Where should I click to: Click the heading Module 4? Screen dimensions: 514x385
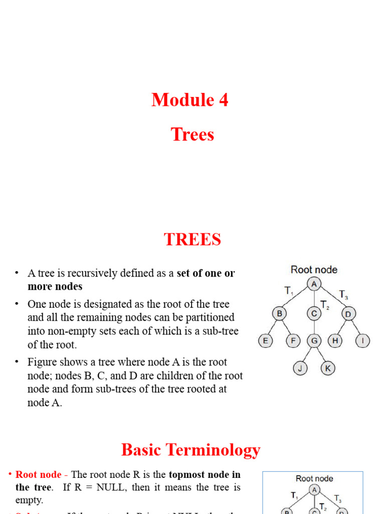click(190, 100)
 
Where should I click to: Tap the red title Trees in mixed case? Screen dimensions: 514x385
click(192, 135)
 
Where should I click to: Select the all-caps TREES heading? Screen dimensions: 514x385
click(192, 239)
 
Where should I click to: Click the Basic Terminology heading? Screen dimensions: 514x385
click(191, 450)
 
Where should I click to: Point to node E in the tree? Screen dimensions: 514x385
click(265, 341)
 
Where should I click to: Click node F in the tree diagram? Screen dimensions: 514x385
click(293, 341)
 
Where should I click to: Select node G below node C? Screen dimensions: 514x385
click(314, 341)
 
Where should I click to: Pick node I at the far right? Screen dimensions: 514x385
click(363, 341)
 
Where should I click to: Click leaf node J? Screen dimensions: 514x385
click(300, 368)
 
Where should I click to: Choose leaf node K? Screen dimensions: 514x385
click(328, 368)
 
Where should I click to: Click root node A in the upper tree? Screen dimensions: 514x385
click(314, 284)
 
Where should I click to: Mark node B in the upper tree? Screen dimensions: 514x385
click(279, 314)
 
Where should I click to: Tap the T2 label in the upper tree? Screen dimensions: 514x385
click(325, 305)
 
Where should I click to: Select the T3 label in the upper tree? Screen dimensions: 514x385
click(344, 295)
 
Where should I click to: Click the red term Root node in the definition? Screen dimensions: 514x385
click(39, 474)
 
